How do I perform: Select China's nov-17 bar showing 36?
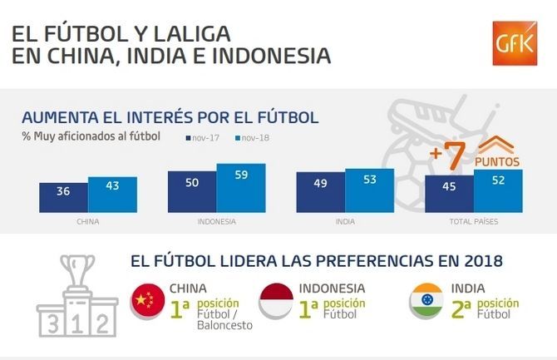(63, 197)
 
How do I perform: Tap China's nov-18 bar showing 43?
(112, 194)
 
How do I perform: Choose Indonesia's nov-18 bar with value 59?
(241, 187)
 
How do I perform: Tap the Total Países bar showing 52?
(498, 190)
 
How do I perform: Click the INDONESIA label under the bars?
(216, 222)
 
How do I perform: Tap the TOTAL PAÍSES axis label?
(473, 222)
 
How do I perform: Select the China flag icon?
(148, 300)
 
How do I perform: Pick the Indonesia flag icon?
(276, 300)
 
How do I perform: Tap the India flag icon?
(426, 300)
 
